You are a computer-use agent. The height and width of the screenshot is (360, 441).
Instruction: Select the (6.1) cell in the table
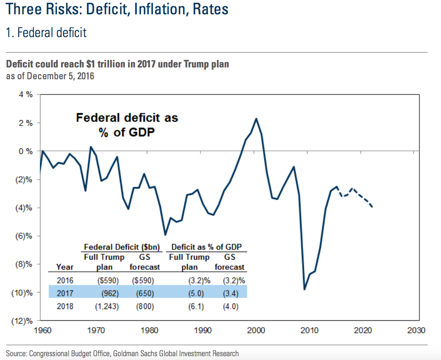(196, 306)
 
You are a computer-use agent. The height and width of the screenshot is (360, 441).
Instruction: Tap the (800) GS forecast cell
(145, 306)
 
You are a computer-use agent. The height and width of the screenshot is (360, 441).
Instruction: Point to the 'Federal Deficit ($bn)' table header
(119, 247)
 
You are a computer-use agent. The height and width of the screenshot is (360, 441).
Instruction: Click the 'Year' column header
(65, 267)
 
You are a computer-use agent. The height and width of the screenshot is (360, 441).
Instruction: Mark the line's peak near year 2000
(256, 118)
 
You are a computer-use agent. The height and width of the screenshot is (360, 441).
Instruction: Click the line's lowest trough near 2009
(304, 289)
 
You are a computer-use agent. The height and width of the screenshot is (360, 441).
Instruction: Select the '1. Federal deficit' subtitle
(46, 32)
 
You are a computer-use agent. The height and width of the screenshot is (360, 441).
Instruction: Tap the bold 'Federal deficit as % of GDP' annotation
(127, 124)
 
